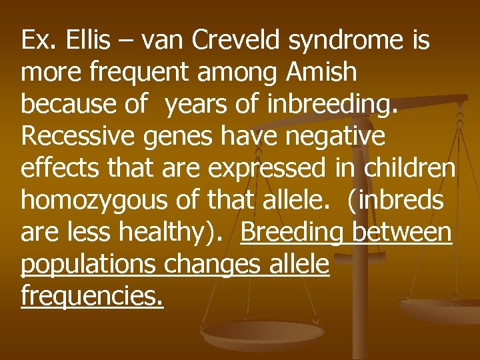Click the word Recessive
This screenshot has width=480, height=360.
pos(71,136)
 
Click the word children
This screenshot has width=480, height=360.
pos(409,168)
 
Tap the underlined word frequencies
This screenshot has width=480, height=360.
pos(91,296)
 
